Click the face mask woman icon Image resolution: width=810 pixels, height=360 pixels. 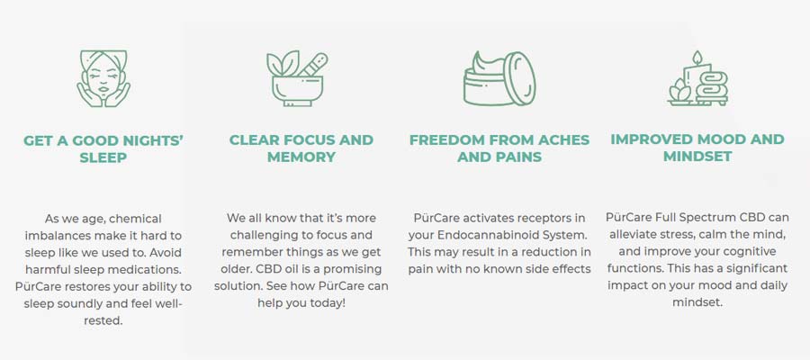[103, 78]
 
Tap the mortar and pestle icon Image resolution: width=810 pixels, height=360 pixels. [297, 78]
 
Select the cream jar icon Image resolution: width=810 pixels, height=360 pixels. [499, 78]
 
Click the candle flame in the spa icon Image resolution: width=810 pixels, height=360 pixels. [697, 57]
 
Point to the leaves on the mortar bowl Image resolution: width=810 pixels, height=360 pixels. [283, 64]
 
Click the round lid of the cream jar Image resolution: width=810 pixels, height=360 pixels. [519, 78]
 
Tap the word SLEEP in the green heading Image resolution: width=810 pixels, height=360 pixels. [103, 157]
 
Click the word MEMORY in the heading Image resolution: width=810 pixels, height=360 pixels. [301, 157]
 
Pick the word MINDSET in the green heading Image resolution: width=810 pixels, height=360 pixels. [697, 157]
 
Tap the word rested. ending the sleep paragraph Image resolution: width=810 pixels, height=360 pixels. [103, 320]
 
